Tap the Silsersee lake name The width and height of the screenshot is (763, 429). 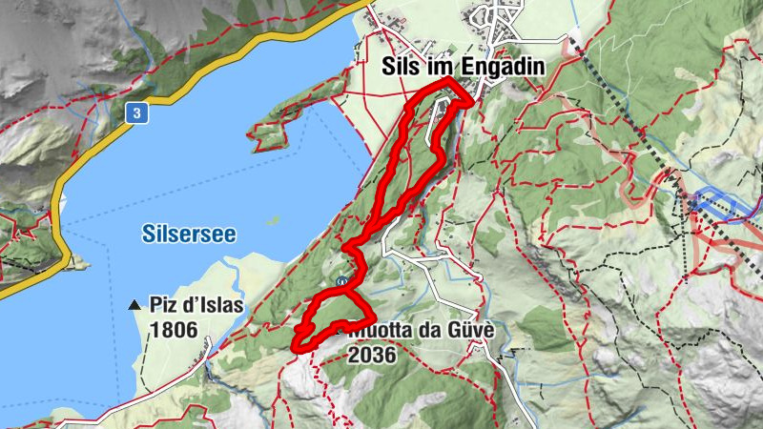[x=188, y=233]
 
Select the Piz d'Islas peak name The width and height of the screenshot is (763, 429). [x=196, y=307]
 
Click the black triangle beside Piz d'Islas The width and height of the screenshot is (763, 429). [x=135, y=306]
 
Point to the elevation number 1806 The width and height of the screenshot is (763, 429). [x=173, y=331]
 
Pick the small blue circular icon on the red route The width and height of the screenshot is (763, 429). [x=341, y=280]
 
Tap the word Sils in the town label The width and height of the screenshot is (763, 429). [x=398, y=67]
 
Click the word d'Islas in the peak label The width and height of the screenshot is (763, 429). [x=213, y=307]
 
